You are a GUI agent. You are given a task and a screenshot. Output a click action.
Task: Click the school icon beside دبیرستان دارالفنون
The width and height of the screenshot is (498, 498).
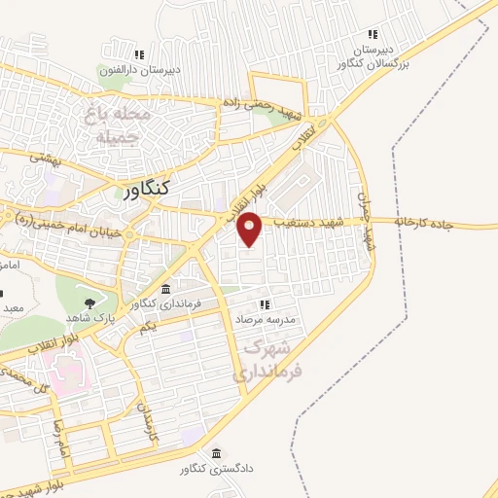click(x=139, y=53)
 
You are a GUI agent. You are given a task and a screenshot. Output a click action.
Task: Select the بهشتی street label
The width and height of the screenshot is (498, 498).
click(x=43, y=156)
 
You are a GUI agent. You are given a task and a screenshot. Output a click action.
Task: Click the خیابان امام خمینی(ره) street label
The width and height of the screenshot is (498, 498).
click(x=70, y=231)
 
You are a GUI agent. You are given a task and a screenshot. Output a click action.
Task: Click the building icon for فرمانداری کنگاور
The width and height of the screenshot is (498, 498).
click(x=165, y=290)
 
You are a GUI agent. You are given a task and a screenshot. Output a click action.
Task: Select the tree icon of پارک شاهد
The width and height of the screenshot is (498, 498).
click(x=90, y=302)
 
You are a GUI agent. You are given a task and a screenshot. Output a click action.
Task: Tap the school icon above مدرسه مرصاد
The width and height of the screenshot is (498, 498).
click(x=264, y=304)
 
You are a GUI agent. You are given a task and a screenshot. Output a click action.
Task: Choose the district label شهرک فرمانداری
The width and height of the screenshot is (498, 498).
click(x=269, y=358)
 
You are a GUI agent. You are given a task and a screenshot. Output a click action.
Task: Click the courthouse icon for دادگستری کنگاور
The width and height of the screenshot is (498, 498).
click(x=215, y=453)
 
